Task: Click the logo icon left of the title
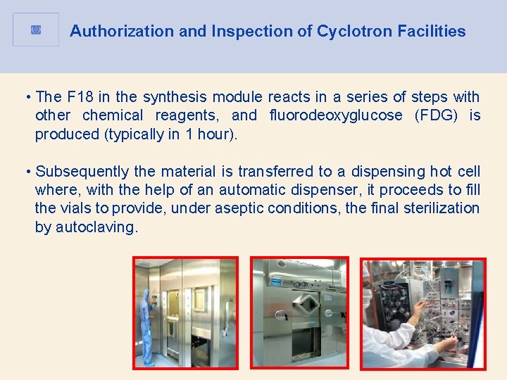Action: tap(36, 30)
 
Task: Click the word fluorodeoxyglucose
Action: tap(336, 115)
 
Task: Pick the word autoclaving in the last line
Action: tap(96, 227)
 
